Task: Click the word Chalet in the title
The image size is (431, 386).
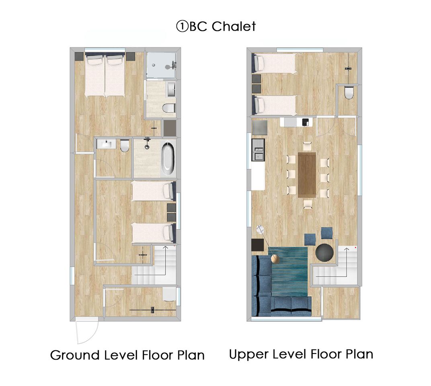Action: pyautogui.click(x=234, y=27)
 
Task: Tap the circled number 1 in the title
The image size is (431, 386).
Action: pyautogui.click(x=182, y=27)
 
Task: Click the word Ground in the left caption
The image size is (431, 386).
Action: pyautogui.click(x=75, y=355)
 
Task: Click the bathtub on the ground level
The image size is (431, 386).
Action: pyautogui.click(x=168, y=158)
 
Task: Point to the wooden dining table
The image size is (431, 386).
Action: pyautogui.click(x=307, y=175)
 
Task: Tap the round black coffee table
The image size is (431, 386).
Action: pyautogui.click(x=324, y=252)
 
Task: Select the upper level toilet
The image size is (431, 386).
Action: pyautogui.click(x=348, y=92)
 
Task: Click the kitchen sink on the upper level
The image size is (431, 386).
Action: pyautogui.click(x=259, y=150)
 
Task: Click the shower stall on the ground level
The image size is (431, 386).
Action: pyautogui.click(x=161, y=65)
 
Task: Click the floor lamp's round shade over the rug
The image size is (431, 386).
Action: pyautogui.click(x=275, y=259)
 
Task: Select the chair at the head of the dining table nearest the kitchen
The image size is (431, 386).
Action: pyautogui.click(x=307, y=146)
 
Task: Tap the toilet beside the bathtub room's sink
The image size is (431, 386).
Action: pyautogui.click(x=125, y=146)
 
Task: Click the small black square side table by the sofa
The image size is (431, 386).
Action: pyautogui.click(x=258, y=245)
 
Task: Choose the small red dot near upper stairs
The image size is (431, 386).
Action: pyautogui.click(x=355, y=248)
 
